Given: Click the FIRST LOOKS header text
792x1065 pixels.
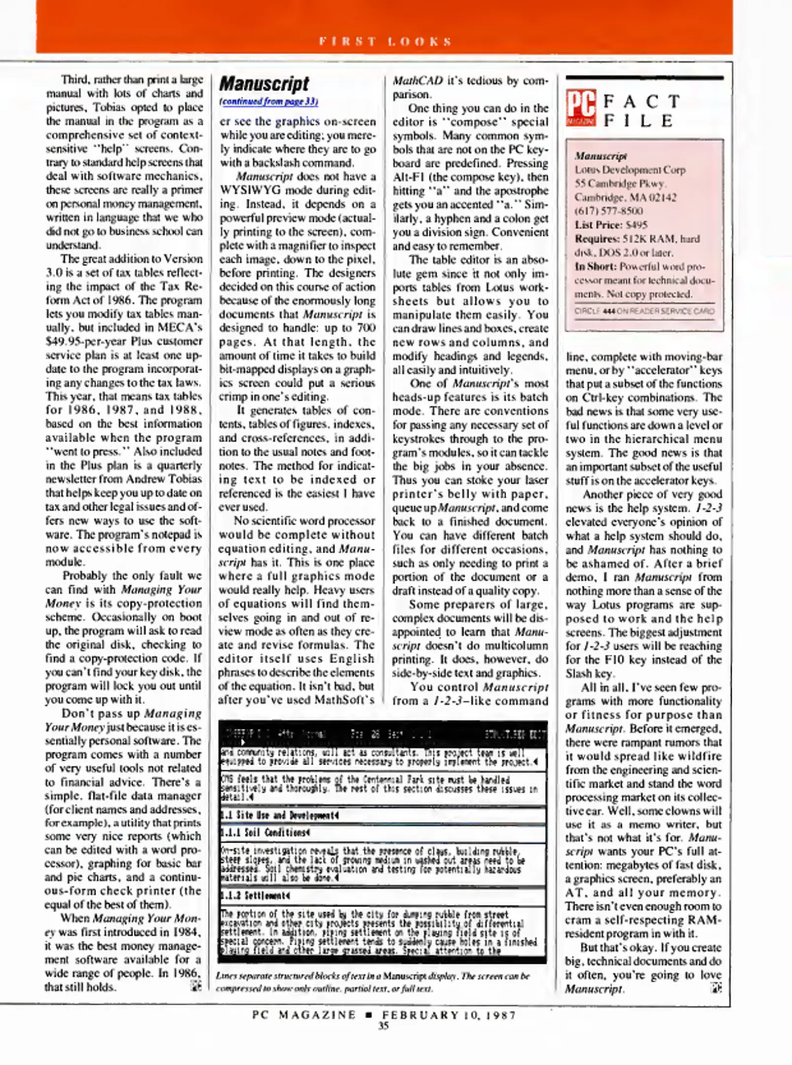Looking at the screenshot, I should point(385,41).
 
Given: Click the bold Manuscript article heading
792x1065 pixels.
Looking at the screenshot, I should point(264,83).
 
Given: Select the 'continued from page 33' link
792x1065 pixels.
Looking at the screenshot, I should point(268,102).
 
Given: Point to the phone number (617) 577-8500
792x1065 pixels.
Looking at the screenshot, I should point(608,211).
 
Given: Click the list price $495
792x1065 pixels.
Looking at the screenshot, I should point(636,225).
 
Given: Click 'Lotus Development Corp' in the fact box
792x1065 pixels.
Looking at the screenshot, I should point(630,170).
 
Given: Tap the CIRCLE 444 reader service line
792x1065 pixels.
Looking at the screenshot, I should point(643,311).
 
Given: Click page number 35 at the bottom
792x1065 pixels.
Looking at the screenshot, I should point(383,1026).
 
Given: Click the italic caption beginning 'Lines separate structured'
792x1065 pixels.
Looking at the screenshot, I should point(373,976).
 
